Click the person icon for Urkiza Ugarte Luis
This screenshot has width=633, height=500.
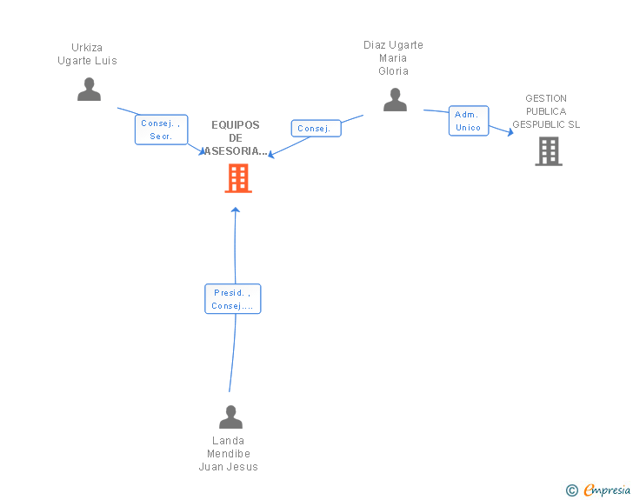pos(89,90)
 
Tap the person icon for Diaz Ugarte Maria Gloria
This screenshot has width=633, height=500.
pos(395,100)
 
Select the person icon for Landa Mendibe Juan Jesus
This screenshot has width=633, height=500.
pos(230,417)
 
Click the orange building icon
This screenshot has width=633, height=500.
pos(238,178)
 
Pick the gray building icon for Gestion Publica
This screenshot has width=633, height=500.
pos(548,151)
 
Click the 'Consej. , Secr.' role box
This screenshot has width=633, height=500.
pos(161,130)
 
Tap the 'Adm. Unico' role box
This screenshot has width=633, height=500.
pos(468,121)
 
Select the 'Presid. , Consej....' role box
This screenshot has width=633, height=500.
pos(232,299)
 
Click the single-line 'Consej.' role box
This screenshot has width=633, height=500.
pos(315,129)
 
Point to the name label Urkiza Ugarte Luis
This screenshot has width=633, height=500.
pos(87,54)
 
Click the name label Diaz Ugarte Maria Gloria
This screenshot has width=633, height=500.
pos(393,58)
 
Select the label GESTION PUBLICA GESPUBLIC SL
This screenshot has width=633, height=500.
pos(546,111)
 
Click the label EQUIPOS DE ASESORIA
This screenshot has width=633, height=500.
pos(236,137)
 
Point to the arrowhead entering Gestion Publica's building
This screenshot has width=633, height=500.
pos(510,132)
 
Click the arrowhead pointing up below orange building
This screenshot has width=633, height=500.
pos(236,210)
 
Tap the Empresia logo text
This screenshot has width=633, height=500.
pos(607,490)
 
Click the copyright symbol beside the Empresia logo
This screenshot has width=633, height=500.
pos(571,491)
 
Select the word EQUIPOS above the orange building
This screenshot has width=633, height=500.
pos(236,125)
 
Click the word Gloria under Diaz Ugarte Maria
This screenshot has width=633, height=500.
pos(393,71)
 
